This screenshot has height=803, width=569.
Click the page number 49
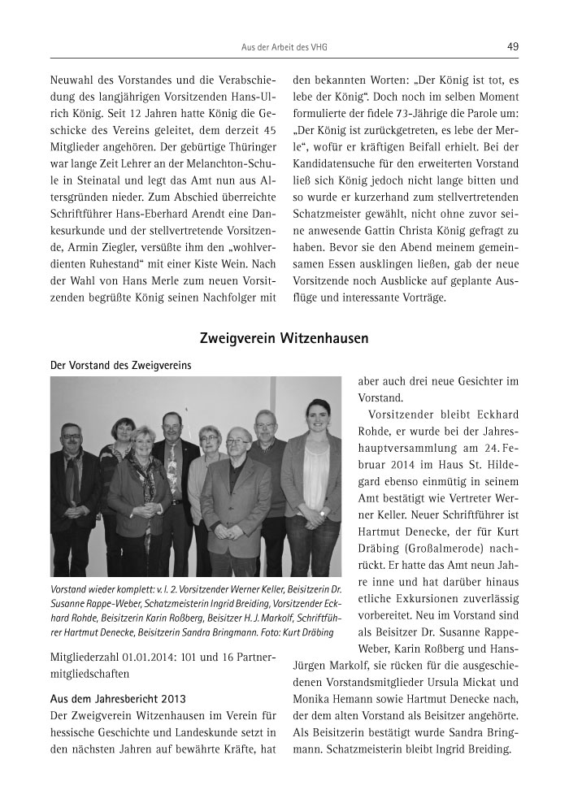click(512, 46)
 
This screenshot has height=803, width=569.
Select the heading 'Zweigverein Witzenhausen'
click(284, 336)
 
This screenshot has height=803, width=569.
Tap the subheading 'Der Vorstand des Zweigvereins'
click(121, 366)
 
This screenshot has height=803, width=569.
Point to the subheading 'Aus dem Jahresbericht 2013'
click(107, 697)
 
